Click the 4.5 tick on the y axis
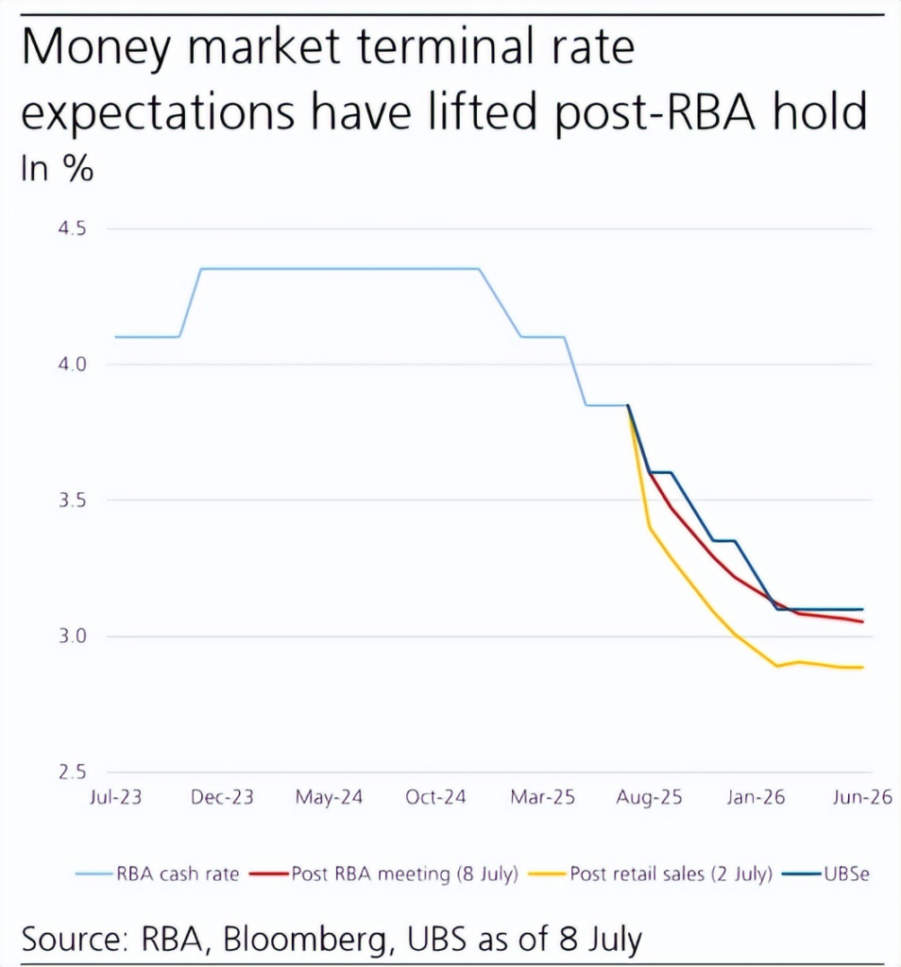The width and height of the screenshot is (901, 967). click(x=73, y=229)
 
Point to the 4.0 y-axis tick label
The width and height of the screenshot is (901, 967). click(x=73, y=365)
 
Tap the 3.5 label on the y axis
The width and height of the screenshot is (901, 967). click(x=73, y=500)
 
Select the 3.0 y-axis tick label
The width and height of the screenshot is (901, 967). click(x=73, y=636)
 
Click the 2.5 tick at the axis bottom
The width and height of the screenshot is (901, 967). click(x=73, y=772)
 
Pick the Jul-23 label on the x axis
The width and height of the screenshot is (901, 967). click(x=115, y=798)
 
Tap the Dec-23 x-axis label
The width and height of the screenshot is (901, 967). click(x=223, y=798)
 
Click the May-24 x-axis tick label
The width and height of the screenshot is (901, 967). click(x=329, y=798)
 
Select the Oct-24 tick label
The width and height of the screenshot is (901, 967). click(x=435, y=798)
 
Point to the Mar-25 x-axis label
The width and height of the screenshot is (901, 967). click(x=543, y=798)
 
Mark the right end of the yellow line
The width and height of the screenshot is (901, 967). click(x=863, y=668)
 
